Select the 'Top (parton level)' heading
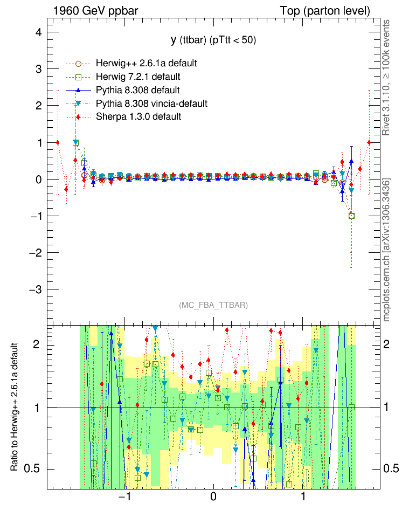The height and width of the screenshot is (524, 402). click(x=325, y=11)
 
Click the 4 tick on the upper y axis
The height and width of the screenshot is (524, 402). click(x=38, y=32)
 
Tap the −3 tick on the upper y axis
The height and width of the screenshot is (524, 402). click(x=35, y=289)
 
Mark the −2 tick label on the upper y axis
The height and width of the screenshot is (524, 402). click(x=35, y=253)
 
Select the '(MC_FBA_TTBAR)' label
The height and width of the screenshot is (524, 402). click(x=213, y=305)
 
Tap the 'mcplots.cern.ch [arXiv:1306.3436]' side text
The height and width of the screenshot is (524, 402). click(x=386, y=251)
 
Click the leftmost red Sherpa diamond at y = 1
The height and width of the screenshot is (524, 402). click(x=58, y=142)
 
